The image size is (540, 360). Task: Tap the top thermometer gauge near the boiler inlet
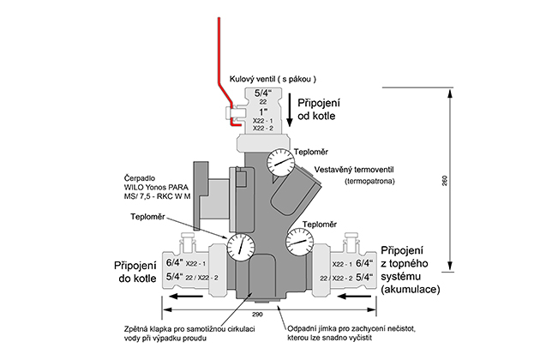pos(278,159)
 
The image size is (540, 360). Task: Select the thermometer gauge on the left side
pos(242,245)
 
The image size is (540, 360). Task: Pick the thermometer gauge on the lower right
pos(297,243)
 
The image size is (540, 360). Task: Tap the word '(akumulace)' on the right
pos(410,290)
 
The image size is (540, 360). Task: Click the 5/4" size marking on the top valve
pos(262,92)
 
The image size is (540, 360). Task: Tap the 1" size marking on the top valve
pos(262,111)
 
